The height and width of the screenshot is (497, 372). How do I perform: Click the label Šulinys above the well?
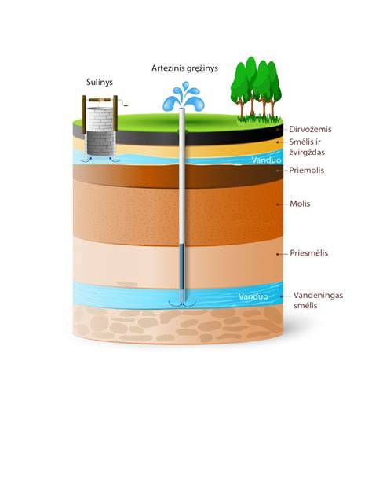coord(100,82)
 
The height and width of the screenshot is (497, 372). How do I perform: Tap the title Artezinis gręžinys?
coord(184,68)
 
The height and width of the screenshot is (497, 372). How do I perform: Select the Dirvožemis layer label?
coord(310,129)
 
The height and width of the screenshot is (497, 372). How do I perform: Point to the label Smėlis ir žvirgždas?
coord(307,147)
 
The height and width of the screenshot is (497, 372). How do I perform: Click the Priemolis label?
coord(307,170)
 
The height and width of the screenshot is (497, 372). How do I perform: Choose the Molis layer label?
coord(300,204)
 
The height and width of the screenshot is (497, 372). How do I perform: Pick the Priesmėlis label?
coord(308,253)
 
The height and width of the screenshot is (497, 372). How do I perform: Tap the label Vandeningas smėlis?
coord(318,300)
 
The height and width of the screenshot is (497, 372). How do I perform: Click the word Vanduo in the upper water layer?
coord(266,160)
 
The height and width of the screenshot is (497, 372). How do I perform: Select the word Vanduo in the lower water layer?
coord(253,296)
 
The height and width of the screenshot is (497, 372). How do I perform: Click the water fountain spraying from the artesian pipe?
coord(184,97)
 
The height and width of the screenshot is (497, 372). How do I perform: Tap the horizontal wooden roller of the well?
coord(100,100)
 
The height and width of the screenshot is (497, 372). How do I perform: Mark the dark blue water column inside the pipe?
coord(182,267)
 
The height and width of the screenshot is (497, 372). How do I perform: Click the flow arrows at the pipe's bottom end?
coord(182,304)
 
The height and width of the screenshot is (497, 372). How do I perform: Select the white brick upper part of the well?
coord(100,120)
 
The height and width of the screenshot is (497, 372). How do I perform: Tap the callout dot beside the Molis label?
coord(278,204)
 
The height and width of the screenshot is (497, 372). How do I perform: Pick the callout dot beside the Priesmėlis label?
coord(278,254)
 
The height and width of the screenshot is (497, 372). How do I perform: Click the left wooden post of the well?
coord(84,114)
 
